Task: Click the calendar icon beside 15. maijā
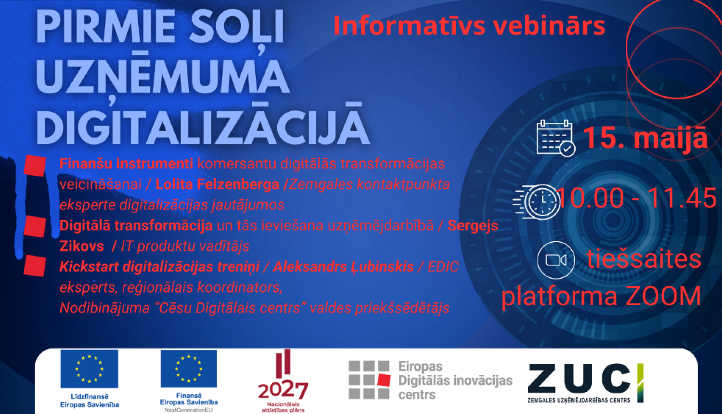(555, 138)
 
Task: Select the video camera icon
(556, 260)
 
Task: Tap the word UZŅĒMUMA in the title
(163, 77)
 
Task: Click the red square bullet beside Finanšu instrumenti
(35, 165)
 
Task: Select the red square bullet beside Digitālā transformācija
(35, 226)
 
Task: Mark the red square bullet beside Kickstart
(35, 266)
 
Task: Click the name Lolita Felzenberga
(217, 184)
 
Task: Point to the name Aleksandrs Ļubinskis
(343, 267)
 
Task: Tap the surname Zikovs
(82, 246)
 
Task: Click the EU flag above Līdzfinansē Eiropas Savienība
(90, 369)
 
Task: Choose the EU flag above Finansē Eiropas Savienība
(189, 369)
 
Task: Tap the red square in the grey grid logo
(384, 380)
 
